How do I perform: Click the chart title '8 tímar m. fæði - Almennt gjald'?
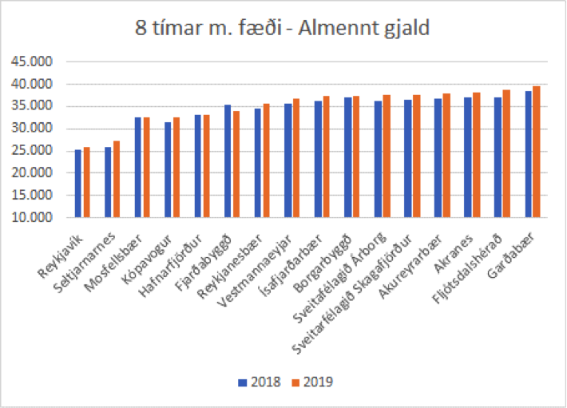(283, 30)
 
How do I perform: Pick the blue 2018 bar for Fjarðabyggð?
(228, 161)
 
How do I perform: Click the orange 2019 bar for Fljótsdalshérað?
(506, 153)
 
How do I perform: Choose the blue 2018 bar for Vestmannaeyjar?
(287, 160)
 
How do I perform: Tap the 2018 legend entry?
(260, 382)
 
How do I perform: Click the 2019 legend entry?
(311, 382)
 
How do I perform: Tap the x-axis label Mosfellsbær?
(124, 248)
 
